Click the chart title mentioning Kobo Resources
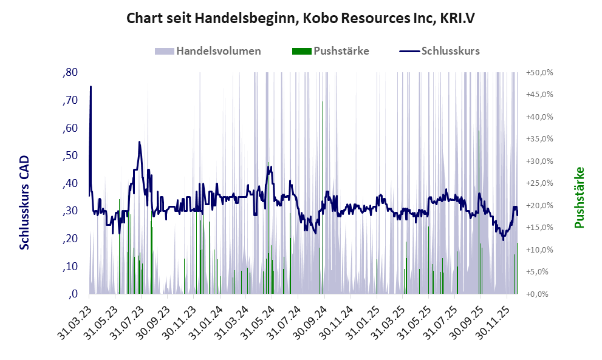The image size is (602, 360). pyautogui.click(x=301, y=18)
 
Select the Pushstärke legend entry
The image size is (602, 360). pyautogui.click(x=341, y=51)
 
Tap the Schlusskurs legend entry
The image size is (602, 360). pyautogui.click(x=450, y=51)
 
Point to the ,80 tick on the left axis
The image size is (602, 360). pyautogui.click(x=70, y=72)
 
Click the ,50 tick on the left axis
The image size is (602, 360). pyautogui.click(x=70, y=155)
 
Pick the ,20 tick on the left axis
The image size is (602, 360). pyautogui.click(x=70, y=239)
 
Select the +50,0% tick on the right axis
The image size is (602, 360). pyautogui.click(x=539, y=72)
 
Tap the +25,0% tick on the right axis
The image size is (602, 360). pyautogui.click(x=539, y=183)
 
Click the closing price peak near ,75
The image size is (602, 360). pyautogui.click(x=91, y=86)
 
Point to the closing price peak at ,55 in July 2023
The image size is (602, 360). pyautogui.click(x=139, y=142)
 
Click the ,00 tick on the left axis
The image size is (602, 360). pyautogui.click(x=73, y=294)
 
